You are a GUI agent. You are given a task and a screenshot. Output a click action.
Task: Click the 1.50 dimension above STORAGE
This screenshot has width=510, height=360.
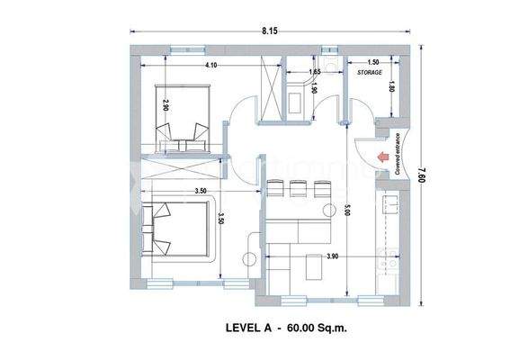[371, 59]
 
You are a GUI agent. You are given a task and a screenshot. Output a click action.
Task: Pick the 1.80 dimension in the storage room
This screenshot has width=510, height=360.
[391, 86]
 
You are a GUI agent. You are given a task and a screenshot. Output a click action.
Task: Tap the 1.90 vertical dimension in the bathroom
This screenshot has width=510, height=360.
[314, 88]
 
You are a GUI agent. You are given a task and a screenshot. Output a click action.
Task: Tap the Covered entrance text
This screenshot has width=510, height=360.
[397, 153]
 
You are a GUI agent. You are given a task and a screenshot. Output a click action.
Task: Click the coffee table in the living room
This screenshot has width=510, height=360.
[315, 266]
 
